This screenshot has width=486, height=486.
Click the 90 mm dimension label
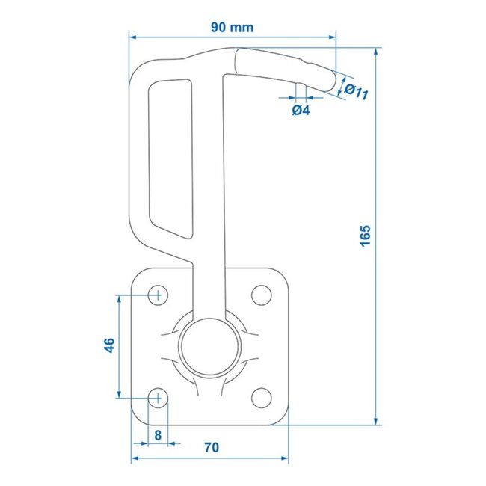pyautogui.click(x=232, y=28)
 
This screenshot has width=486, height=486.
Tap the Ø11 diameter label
pyautogui.click(x=359, y=92)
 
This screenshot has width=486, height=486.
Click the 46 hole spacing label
pyautogui.click(x=109, y=345)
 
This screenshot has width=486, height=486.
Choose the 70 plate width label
pyautogui.click(x=211, y=448)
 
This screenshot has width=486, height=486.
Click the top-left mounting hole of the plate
pyautogui.click(x=158, y=295)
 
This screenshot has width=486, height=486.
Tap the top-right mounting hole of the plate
pyautogui.click(x=261, y=295)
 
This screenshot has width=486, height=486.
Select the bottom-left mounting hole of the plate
pyautogui.click(x=158, y=397)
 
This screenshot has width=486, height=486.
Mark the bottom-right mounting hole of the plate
pyautogui.click(x=261, y=397)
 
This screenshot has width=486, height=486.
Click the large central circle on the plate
pyautogui.click(x=209, y=345)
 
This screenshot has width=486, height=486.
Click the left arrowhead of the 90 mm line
pyautogui.click(x=133, y=35)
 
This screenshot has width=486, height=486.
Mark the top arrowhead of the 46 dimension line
pyautogui.click(x=119, y=298)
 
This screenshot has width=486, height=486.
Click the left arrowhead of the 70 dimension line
pyautogui.click(x=135, y=456)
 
